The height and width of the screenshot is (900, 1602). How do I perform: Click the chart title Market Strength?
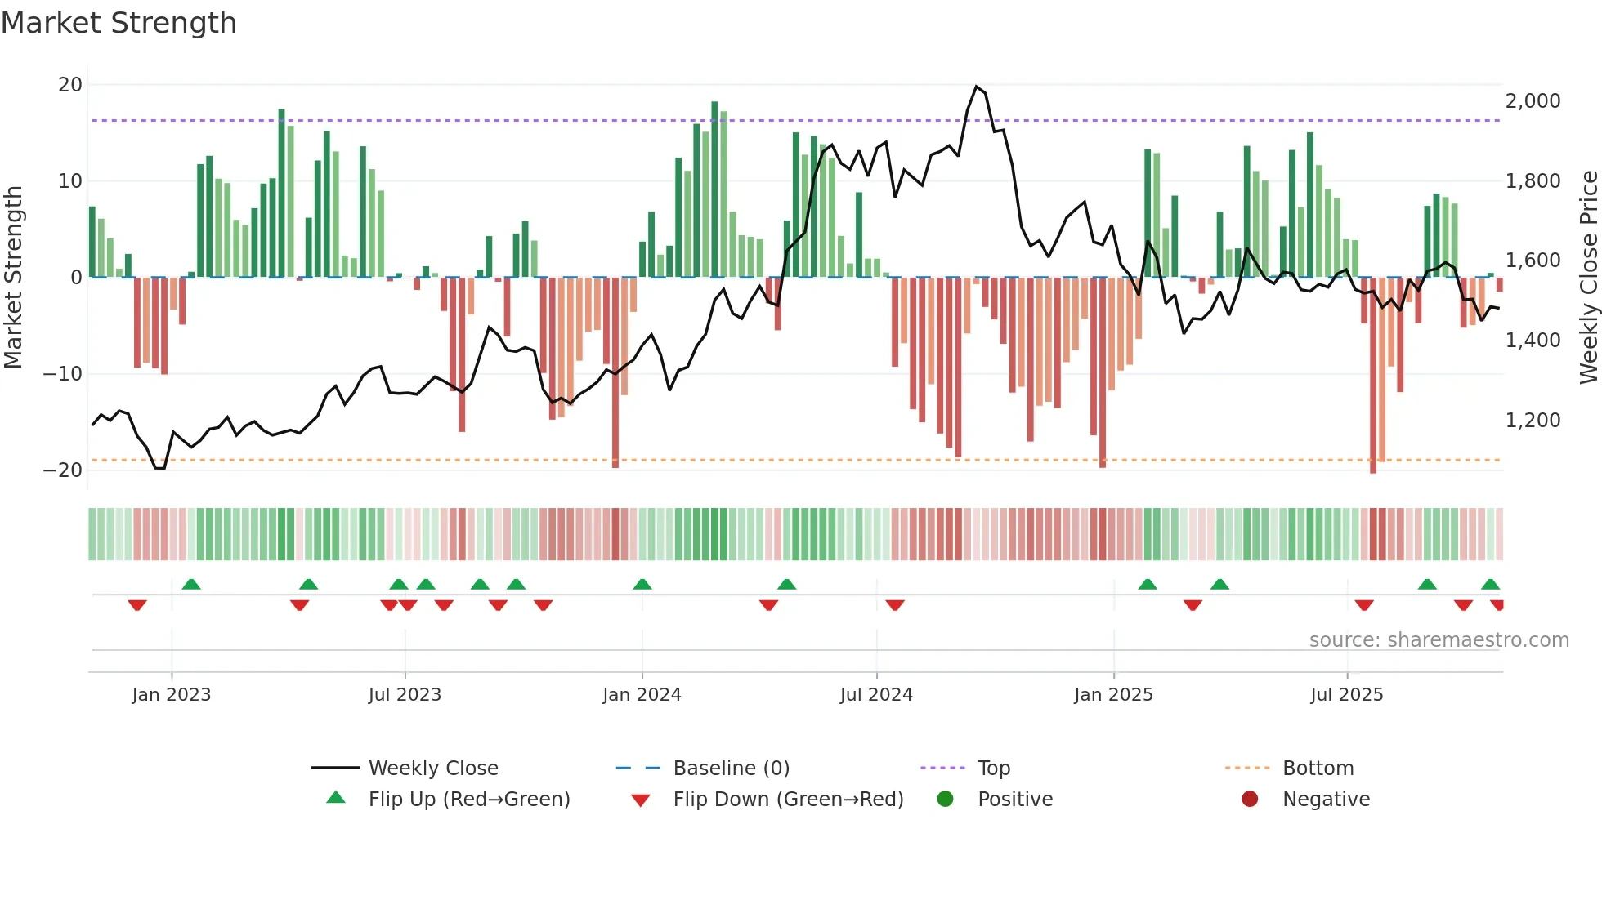[x=119, y=23]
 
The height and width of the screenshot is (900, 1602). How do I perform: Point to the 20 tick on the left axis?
[x=70, y=85]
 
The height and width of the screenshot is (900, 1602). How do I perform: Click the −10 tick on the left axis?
[x=63, y=374]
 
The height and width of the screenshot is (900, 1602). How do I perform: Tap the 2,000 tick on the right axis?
[x=1533, y=101]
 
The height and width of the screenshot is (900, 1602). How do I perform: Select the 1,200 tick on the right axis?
[x=1533, y=421]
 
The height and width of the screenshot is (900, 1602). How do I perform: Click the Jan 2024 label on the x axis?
[x=642, y=695]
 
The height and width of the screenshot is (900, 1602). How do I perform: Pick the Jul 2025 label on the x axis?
[x=1346, y=695]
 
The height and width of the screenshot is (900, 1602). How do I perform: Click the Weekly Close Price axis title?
[x=1588, y=278]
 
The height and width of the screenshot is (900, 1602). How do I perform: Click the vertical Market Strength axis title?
[x=13, y=278]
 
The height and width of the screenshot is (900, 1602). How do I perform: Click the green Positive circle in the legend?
[x=946, y=800]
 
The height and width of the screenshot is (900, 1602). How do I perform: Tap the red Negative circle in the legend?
[x=1250, y=800]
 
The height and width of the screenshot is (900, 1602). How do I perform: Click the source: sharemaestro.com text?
[x=1439, y=640]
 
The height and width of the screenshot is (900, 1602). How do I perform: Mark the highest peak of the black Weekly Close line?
[x=976, y=87]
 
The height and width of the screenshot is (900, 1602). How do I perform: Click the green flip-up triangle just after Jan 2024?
[x=642, y=585]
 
